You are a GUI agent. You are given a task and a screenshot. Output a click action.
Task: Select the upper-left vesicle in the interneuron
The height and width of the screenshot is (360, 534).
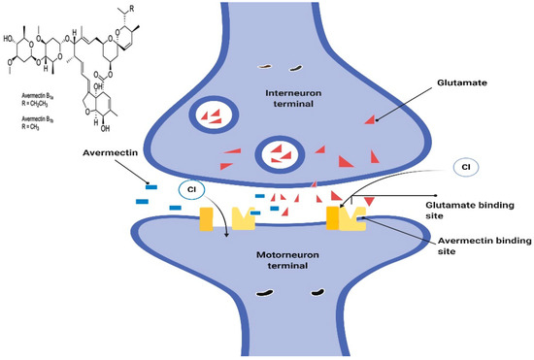point(210,113)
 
